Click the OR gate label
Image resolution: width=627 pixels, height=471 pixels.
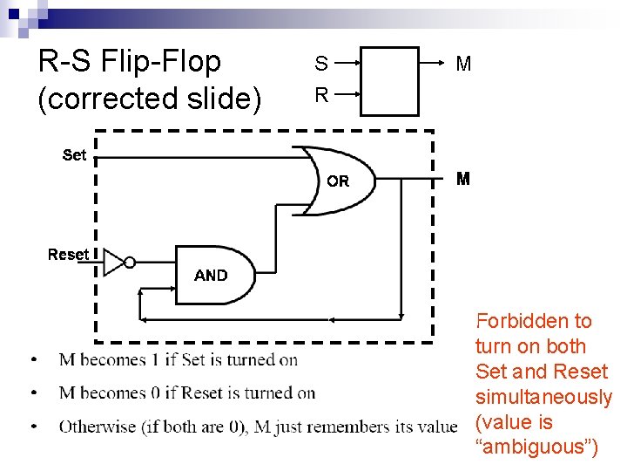338,181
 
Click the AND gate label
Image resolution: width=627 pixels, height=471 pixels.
211,275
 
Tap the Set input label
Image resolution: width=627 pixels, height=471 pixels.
75,155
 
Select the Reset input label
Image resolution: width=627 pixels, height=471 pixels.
68,255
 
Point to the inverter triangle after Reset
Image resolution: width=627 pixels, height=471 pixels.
113,262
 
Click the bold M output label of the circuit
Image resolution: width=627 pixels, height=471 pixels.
463,179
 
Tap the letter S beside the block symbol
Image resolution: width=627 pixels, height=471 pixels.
321,64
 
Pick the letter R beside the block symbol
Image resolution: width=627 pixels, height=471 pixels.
321,95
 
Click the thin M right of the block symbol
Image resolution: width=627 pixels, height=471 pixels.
463,64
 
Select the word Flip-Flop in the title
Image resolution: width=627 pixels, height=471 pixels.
161,62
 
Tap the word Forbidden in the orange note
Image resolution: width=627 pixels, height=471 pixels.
534,321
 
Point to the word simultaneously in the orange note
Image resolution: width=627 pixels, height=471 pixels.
544,398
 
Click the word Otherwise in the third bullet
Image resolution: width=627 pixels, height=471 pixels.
95,427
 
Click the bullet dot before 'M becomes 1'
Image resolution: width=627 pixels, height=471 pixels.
32,360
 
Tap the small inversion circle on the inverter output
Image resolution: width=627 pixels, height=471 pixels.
129,262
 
